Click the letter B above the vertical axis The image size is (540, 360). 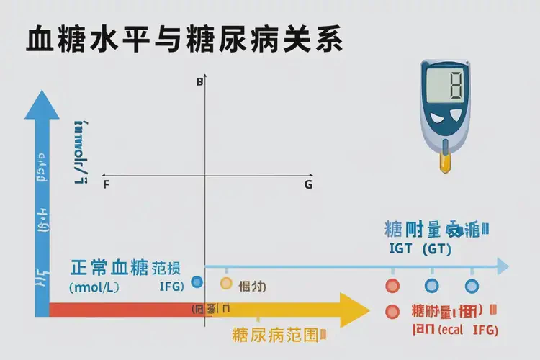(x=199, y=83)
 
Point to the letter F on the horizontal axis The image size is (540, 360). (x=107, y=185)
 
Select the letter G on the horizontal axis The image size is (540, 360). (x=308, y=185)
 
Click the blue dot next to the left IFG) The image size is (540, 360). (x=197, y=283)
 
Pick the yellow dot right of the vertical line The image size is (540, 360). (x=225, y=284)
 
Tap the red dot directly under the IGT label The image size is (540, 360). (x=392, y=285)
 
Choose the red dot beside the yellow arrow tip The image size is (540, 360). (x=392, y=312)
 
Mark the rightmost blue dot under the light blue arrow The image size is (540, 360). (x=471, y=285)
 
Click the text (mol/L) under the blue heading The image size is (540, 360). (x=94, y=287)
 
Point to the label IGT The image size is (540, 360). (x=400, y=250)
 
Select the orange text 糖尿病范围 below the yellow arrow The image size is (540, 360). (x=275, y=335)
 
